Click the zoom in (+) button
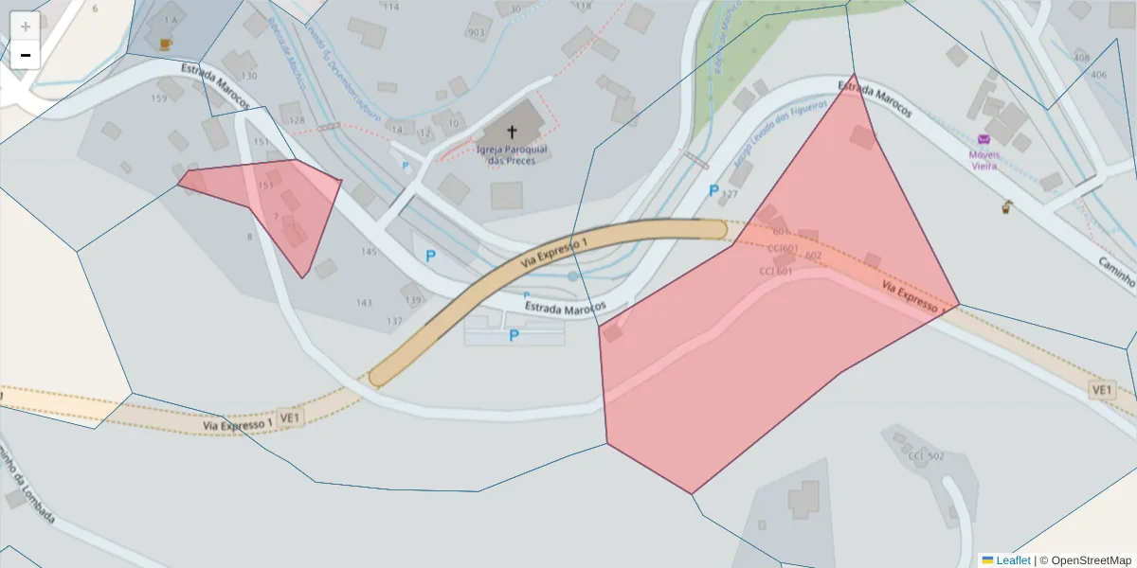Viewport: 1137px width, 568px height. pyautogui.click(x=26, y=27)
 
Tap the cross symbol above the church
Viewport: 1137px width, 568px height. pyautogui.click(x=513, y=132)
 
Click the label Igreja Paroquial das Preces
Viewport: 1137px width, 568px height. pyautogui.click(x=506, y=154)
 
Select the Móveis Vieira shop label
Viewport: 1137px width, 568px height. pyautogui.click(x=984, y=159)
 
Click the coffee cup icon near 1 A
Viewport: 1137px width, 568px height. pyautogui.click(x=166, y=44)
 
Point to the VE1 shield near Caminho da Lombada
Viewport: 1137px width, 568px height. pyautogui.click(x=290, y=417)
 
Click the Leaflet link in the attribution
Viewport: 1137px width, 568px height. pyautogui.click(x=1012, y=560)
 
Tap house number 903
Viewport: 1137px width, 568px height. pyautogui.click(x=476, y=33)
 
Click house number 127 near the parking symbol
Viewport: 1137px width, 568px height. pyautogui.click(x=729, y=195)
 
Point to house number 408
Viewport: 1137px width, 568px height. pyautogui.click(x=1081, y=58)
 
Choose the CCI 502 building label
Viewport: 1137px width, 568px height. pyautogui.click(x=926, y=456)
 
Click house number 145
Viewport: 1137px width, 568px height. pyautogui.click(x=369, y=252)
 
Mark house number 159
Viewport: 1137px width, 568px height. pyautogui.click(x=159, y=98)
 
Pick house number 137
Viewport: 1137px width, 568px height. pyautogui.click(x=394, y=321)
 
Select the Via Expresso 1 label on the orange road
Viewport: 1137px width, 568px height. pyautogui.click(x=553, y=257)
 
